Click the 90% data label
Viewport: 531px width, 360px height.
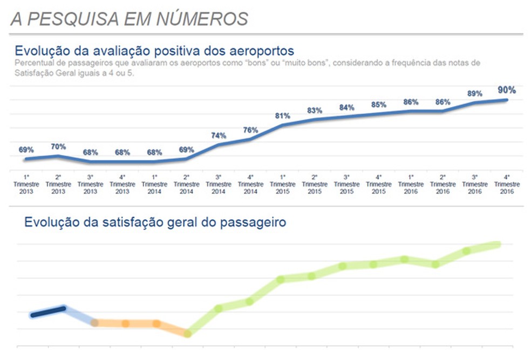[x=507, y=90]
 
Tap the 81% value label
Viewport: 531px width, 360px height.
[x=282, y=116]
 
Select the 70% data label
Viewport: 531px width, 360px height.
[x=58, y=147]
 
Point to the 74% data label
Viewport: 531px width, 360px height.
[x=218, y=135]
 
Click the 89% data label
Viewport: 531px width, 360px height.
[x=474, y=94]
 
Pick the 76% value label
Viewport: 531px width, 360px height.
[x=250, y=130]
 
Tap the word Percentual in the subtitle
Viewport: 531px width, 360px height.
[x=32, y=63]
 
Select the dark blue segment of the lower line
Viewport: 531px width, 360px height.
[x=48, y=312]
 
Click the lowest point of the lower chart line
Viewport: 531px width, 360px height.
[x=187, y=334]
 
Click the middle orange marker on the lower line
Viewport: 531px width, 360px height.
[x=125, y=323]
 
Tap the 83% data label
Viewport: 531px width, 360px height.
[x=315, y=111]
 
